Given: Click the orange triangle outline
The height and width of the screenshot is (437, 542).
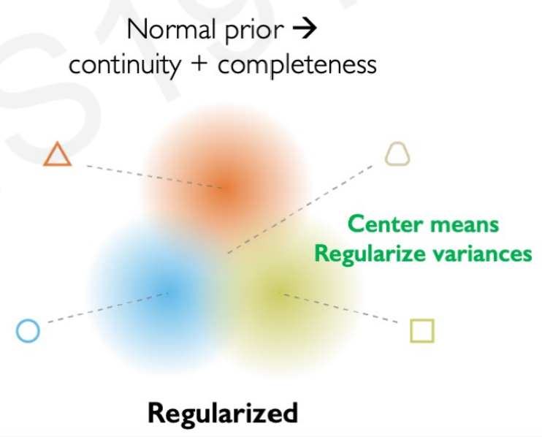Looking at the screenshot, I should (x=57, y=156).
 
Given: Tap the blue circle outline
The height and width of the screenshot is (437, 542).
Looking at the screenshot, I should (x=28, y=331).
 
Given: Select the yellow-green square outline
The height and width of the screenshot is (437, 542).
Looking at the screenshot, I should (x=422, y=330).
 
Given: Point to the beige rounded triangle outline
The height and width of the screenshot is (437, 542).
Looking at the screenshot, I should (x=397, y=154).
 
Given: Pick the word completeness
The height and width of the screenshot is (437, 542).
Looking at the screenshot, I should (x=297, y=66).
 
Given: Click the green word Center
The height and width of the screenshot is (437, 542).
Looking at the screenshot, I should (x=384, y=224).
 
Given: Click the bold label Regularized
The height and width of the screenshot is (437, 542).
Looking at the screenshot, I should (x=223, y=413).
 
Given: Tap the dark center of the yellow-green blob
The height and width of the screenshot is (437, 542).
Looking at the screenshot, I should (x=279, y=294).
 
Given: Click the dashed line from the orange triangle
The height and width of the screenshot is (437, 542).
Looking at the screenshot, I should (x=146, y=175).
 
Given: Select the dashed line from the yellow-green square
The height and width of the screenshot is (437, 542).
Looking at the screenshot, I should (x=343, y=309).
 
